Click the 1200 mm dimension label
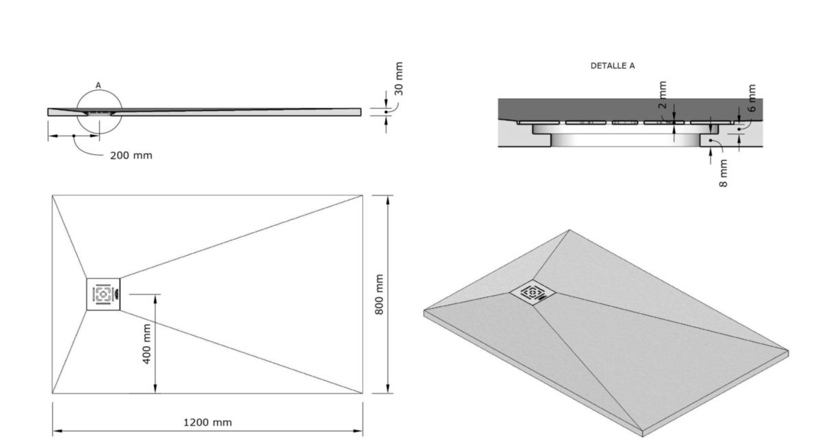pos(207,422)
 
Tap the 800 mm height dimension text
pos(379,295)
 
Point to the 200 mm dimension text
pos(131,156)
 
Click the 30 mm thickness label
pos(399,79)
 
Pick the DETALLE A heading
pos(613,66)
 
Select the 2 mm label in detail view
pos(662,95)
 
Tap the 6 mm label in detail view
pos(751,99)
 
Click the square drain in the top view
pos(103,295)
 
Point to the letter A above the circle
pos(98,85)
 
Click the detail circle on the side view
pos(99,112)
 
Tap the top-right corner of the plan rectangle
pos(363,195)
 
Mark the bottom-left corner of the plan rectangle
pos(52,394)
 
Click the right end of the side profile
pos(360,111)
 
